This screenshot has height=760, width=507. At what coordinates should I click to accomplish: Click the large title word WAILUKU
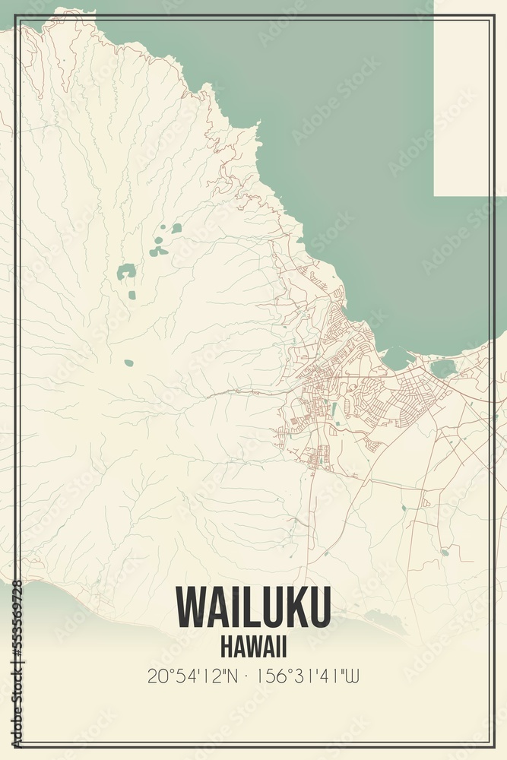coord(253,607)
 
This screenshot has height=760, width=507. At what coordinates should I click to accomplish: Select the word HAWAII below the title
coord(253,647)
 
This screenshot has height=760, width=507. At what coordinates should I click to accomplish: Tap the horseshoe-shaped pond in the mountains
coord(126,271)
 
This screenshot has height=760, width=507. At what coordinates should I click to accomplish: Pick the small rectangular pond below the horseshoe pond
coord(132,295)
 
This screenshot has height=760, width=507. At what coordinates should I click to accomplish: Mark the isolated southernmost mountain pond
coord(128,363)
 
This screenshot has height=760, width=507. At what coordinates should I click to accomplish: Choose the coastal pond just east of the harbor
coord(442,369)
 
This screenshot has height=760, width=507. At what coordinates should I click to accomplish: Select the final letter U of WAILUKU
coord(318,607)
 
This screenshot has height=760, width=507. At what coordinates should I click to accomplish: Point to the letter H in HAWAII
coord(227,647)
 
